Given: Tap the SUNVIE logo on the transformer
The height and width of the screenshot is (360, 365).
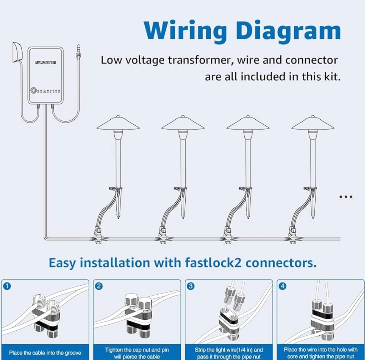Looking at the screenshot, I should pyautogui.click(x=45, y=62).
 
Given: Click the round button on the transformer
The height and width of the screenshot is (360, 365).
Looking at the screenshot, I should pyautogui.click(x=34, y=90).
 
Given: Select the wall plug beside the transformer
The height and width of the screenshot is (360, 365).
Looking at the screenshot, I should pyautogui.click(x=16, y=52).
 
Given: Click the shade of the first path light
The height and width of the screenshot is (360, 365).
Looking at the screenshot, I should pyautogui.click(x=118, y=124).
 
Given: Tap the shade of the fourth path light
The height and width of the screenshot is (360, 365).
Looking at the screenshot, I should pyautogui.click(x=312, y=124).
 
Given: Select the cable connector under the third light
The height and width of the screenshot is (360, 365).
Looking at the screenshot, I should pyautogui.click(x=227, y=236).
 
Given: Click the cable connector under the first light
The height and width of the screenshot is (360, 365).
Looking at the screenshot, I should pyautogui.click(x=97, y=236).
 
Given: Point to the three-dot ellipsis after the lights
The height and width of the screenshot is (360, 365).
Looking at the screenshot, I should pyautogui.click(x=346, y=197).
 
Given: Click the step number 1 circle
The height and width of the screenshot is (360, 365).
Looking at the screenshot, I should pyautogui.click(x=7, y=286).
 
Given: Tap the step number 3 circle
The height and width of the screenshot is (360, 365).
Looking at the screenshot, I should pyautogui.click(x=191, y=286).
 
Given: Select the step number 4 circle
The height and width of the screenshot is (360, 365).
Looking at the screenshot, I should pyautogui.click(x=283, y=286).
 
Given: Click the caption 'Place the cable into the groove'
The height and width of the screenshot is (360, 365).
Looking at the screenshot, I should pyautogui.click(x=45, y=353).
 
